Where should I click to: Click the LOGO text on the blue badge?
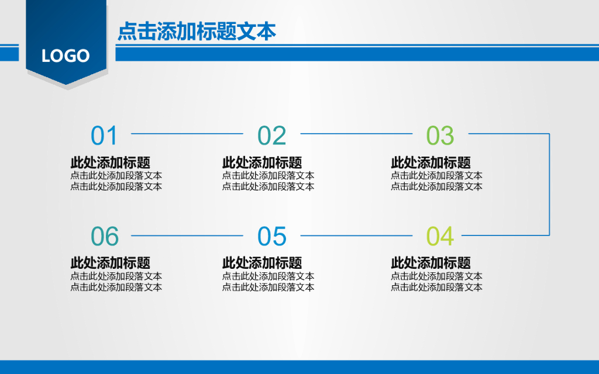click(66, 56)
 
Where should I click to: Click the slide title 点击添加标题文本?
click(197, 32)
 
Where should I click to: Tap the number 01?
click(105, 136)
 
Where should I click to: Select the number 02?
click(272, 136)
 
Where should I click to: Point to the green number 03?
click(440, 136)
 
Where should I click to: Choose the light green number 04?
click(440, 237)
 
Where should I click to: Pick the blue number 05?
click(272, 237)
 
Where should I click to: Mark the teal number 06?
click(105, 237)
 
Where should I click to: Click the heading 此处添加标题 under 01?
click(110, 162)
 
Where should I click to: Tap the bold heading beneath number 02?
click(261, 162)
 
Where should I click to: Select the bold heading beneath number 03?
click(431, 162)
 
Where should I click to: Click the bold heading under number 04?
click(431, 263)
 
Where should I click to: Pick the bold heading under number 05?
click(261, 263)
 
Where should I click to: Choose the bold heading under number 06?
click(110, 263)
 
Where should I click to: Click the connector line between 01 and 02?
click(187, 134)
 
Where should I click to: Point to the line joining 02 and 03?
click(356, 134)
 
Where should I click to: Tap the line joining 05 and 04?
click(356, 236)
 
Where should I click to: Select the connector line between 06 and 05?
click(187, 236)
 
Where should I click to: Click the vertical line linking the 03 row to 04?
click(549, 185)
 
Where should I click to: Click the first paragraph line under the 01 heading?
click(116, 175)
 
